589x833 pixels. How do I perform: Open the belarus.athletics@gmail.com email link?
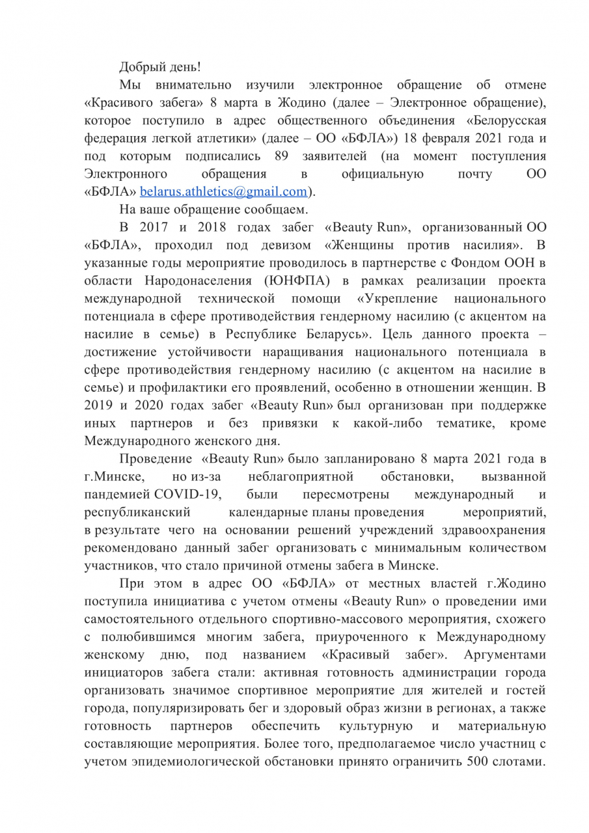pyautogui.click(x=223, y=191)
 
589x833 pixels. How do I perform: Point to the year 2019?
pyautogui.click(x=98, y=405)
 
